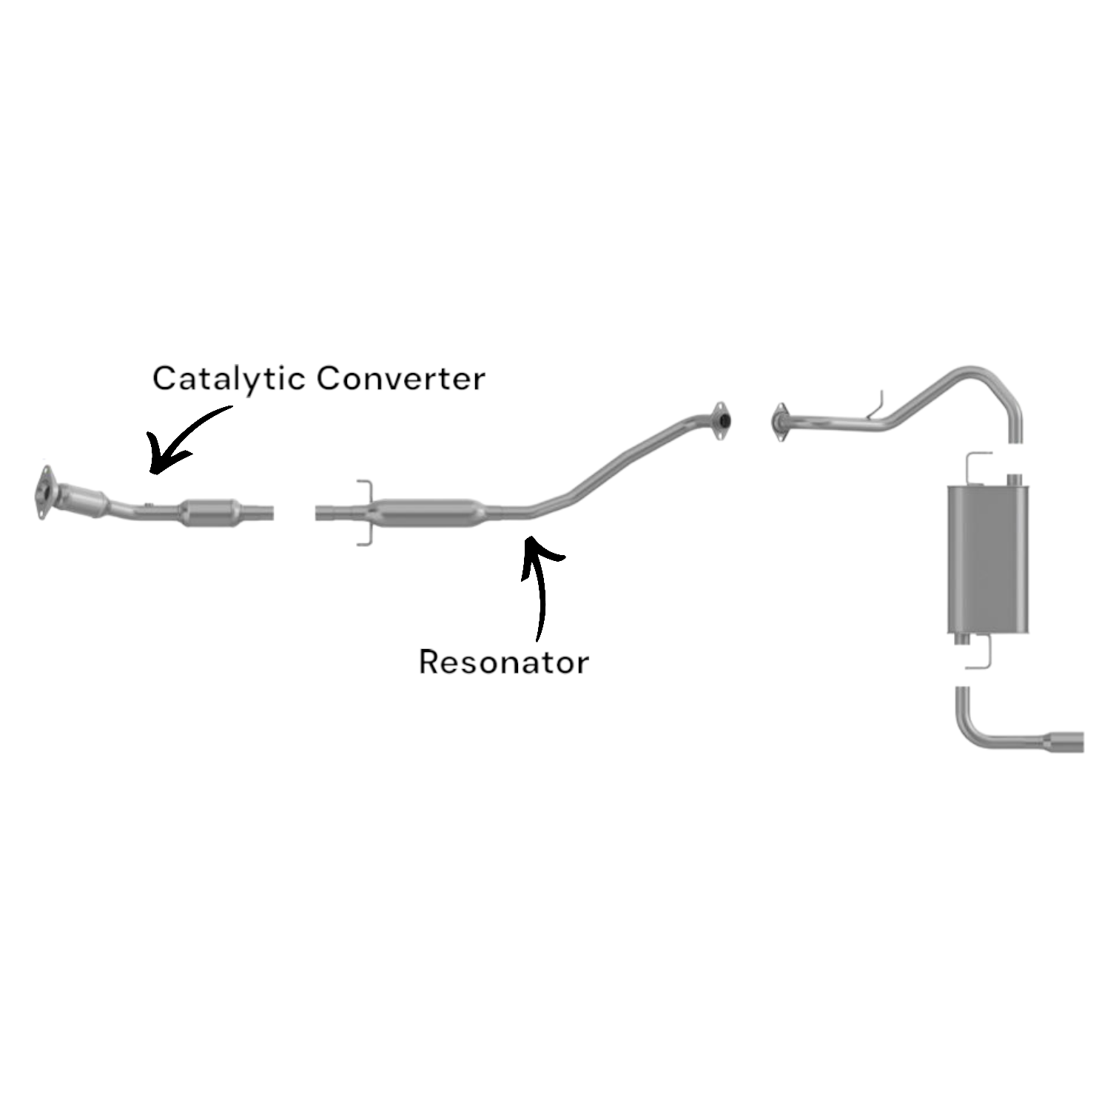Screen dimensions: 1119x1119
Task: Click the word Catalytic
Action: click(228, 379)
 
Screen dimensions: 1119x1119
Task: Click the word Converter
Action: click(400, 379)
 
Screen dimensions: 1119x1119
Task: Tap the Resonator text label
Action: click(503, 662)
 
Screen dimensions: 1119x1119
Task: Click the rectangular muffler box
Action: click(987, 559)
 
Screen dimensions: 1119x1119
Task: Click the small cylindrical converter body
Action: click(212, 512)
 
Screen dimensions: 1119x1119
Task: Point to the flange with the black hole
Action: click(720, 421)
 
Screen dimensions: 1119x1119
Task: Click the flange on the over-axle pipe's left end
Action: click(779, 423)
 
